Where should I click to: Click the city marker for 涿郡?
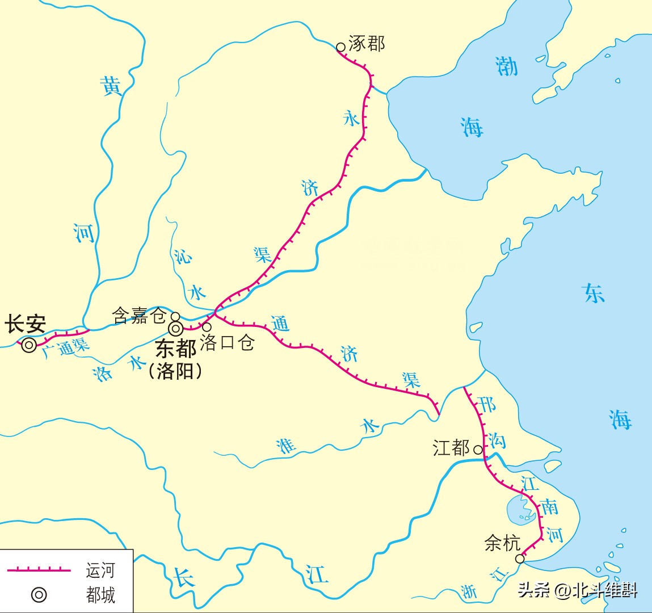[340, 48]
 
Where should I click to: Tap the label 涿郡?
[367, 44]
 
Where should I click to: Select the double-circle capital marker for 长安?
[29, 345]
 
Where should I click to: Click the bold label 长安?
[26, 325]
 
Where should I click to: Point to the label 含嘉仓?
[139, 316]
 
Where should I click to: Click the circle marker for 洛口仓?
[207, 327]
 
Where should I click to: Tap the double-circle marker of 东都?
[175, 328]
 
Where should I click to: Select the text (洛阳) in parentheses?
[175, 371]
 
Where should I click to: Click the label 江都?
[451, 448]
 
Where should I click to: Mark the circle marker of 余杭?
[520, 559]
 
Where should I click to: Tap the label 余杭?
[502, 543]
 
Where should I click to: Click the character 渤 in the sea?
[507, 66]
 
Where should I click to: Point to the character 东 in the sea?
[594, 293]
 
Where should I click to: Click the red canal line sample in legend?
[39, 569]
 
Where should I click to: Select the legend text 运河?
[100, 570]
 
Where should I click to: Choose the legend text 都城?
[100, 595]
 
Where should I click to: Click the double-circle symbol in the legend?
[39, 595]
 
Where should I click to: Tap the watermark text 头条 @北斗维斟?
[577, 590]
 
